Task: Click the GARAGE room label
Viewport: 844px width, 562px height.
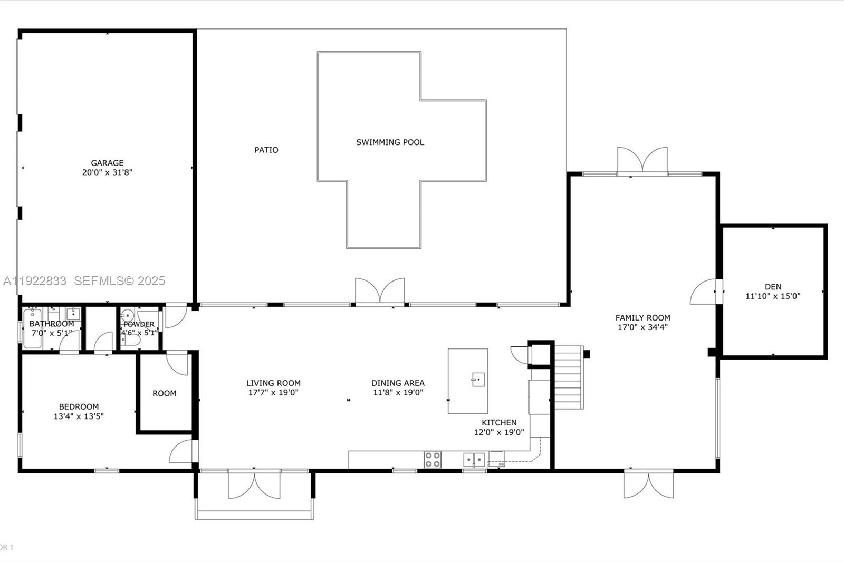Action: tap(107, 163)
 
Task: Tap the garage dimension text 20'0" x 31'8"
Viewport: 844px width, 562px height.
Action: tap(107, 172)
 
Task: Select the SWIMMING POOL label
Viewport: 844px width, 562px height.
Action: tap(390, 142)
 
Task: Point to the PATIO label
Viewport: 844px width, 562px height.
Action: tap(266, 150)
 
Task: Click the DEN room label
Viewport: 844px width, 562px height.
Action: tap(773, 287)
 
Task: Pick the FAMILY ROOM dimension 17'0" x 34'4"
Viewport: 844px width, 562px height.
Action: tap(643, 327)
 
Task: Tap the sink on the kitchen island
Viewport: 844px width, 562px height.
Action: tap(478, 379)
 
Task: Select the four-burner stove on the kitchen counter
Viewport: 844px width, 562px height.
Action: tap(433, 459)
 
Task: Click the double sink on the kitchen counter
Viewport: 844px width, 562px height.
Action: tap(474, 460)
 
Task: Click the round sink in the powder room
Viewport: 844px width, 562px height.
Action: tap(127, 316)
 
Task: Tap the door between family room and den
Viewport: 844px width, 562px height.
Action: tap(704, 292)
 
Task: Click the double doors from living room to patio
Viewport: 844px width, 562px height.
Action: tap(380, 291)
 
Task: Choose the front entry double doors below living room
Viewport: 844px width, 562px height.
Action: tap(254, 486)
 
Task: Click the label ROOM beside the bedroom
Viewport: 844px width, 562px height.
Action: tap(164, 393)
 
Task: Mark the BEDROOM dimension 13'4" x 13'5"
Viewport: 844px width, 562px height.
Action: tap(79, 416)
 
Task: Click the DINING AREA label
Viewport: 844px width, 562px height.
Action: tap(398, 383)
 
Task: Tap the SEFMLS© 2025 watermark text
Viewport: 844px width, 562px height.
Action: tap(119, 281)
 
